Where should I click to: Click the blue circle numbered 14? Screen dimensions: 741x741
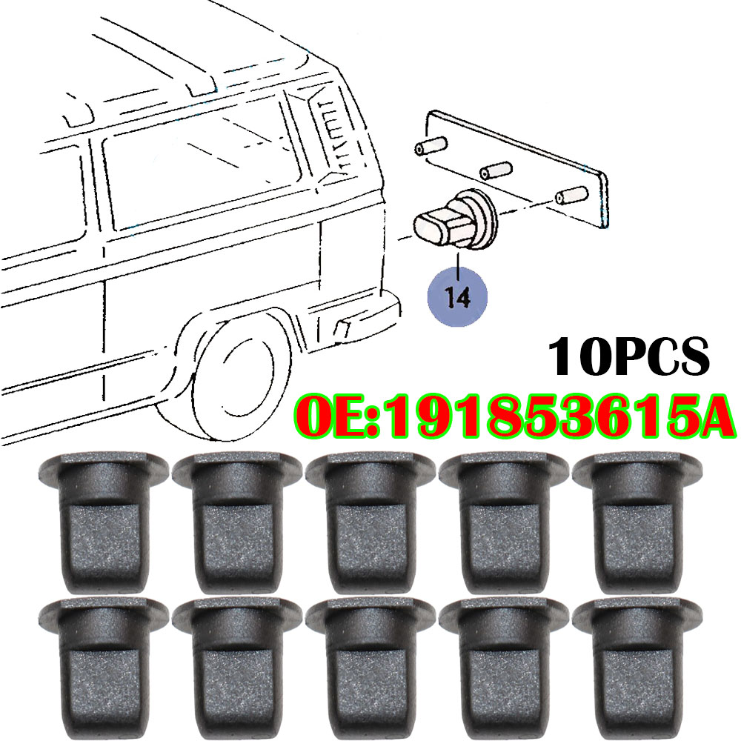pyautogui.click(x=456, y=296)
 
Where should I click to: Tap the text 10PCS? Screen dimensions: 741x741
pyautogui.click(x=628, y=356)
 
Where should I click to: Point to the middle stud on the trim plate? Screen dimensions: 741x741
pyautogui.click(x=496, y=170)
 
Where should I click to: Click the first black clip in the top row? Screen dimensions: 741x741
pyautogui.click(x=103, y=522)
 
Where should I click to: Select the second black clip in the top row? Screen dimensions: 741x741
pyautogui.click(x=237, y=522)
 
